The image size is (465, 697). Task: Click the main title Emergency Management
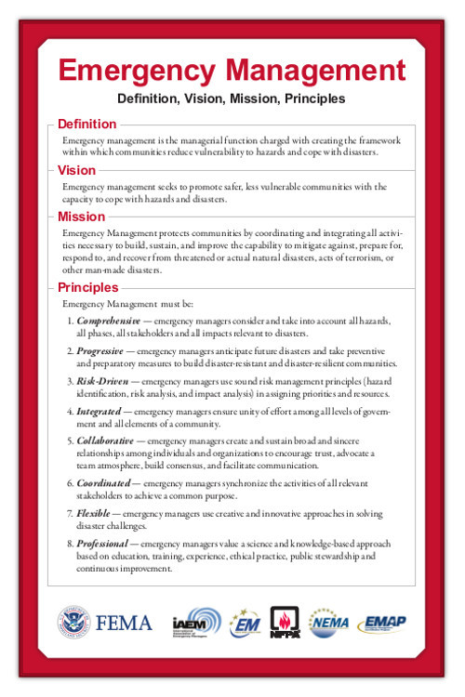[x=232, y=71]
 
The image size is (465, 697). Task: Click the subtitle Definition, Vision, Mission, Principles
[x=232, y=98]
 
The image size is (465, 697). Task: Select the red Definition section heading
[x=86, y=125]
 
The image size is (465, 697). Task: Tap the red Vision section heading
[x=76, y=171]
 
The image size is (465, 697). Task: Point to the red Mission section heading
[x=81, y=217]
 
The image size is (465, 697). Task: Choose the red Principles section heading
[x=87, y=287]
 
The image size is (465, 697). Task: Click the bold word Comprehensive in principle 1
[x=109, y=321]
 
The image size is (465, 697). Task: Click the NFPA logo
[x=285, y=622]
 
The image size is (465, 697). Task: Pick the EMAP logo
[x=383, y=621]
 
